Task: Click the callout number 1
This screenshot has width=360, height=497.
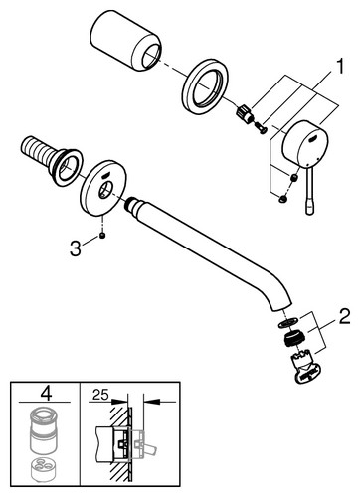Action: tap(338, 67)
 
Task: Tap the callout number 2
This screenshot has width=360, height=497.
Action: tap(344, 317)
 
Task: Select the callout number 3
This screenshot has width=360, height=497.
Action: tap(76, 248)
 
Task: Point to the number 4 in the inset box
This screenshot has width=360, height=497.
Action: tap(46, 394)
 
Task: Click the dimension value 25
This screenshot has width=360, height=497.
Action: tap(100, 395)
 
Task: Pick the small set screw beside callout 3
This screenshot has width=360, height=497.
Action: tap(102, 236)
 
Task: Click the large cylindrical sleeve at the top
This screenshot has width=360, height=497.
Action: tap(126, 40)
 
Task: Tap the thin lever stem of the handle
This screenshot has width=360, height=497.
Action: tap(308, 192)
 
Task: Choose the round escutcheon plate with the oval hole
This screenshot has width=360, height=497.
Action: tap(103, 189)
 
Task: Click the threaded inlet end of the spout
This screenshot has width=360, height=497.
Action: tap(134, 206)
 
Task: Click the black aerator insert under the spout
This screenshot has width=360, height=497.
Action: tap(294, 339)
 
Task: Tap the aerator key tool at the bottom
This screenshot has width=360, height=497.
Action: tap(305, 369)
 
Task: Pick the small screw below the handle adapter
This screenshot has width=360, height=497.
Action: tap(261, 128)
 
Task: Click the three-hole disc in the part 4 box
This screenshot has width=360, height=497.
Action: tap(43, 469)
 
